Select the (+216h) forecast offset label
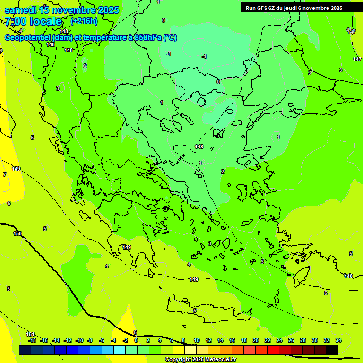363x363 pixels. point(84,21)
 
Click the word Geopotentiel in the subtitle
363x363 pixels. point(27,37)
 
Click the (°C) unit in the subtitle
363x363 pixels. point(170,37)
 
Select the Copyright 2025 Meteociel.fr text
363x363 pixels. point(200,359)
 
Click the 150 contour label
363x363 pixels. point(17,233)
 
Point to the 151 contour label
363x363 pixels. point(30,334)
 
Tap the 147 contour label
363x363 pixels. point(357,59)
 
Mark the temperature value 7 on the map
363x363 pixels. point(4,174)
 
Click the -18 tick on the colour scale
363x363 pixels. point(32,340)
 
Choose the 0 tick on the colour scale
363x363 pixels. point(136,340)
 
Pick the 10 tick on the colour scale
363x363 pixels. point(196,340)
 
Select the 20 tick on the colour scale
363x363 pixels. point(255,340)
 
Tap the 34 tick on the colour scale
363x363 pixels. point(338,340)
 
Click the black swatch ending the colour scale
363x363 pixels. point(332,350)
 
